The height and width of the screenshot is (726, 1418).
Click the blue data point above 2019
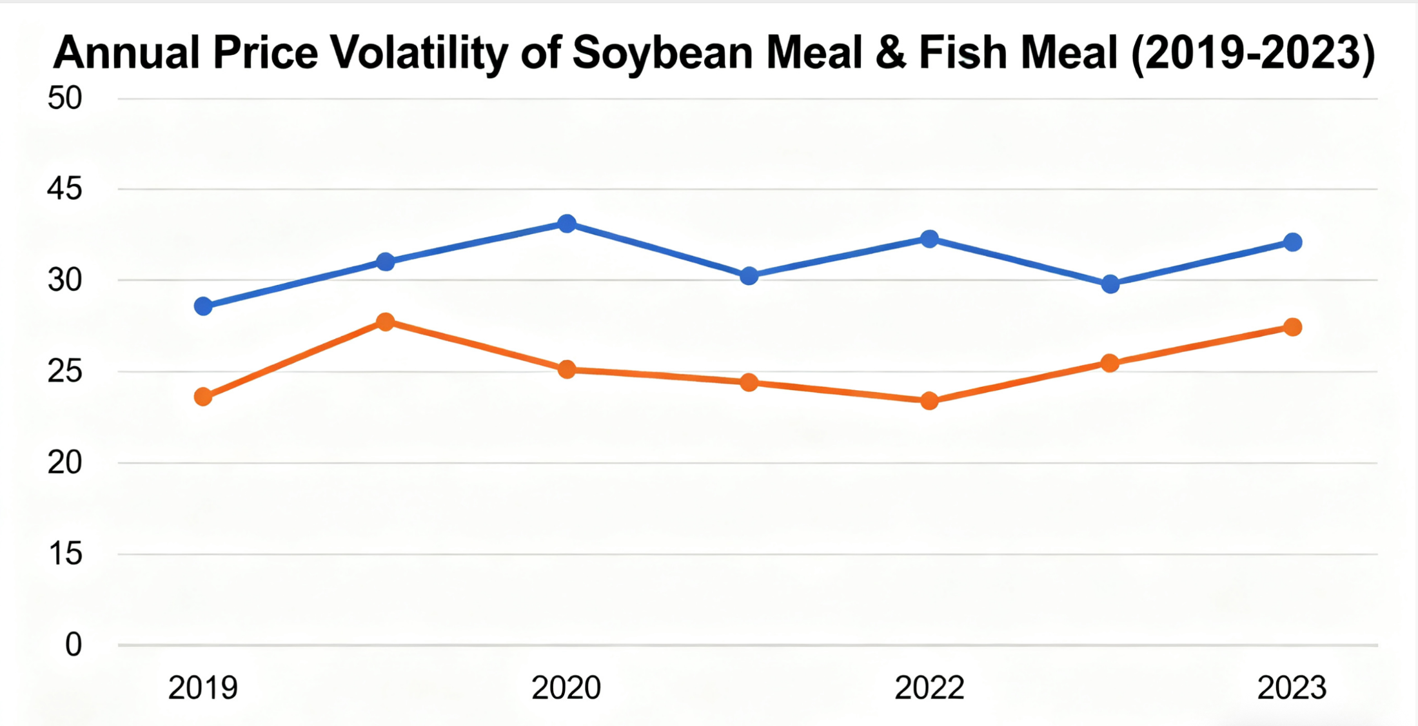point(203,306)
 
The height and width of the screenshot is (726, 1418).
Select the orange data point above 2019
point(203,397)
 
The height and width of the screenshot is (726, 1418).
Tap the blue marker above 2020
point(567,224)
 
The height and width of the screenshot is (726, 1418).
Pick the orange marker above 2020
point(567,369)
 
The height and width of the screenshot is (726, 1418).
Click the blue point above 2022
point(929,239)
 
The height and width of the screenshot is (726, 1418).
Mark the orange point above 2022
point(929,401)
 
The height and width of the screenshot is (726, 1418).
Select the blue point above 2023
point(1292,242)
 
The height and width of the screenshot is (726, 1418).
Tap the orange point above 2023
point(1292,327)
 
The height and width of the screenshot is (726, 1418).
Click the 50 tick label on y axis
point(64,99)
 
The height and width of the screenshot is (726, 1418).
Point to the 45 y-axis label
point(64,189)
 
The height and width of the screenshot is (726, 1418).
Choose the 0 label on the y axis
point(74,645)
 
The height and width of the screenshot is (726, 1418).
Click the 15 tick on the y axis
point(64,554)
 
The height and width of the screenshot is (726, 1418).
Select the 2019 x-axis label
point(203,688)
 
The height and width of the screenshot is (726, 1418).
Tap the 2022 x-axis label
point(929,688)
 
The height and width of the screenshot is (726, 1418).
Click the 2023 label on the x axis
point(1292,688)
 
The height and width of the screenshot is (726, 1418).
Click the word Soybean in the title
point(662,53)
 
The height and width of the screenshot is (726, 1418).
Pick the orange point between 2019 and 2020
point(385,322)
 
